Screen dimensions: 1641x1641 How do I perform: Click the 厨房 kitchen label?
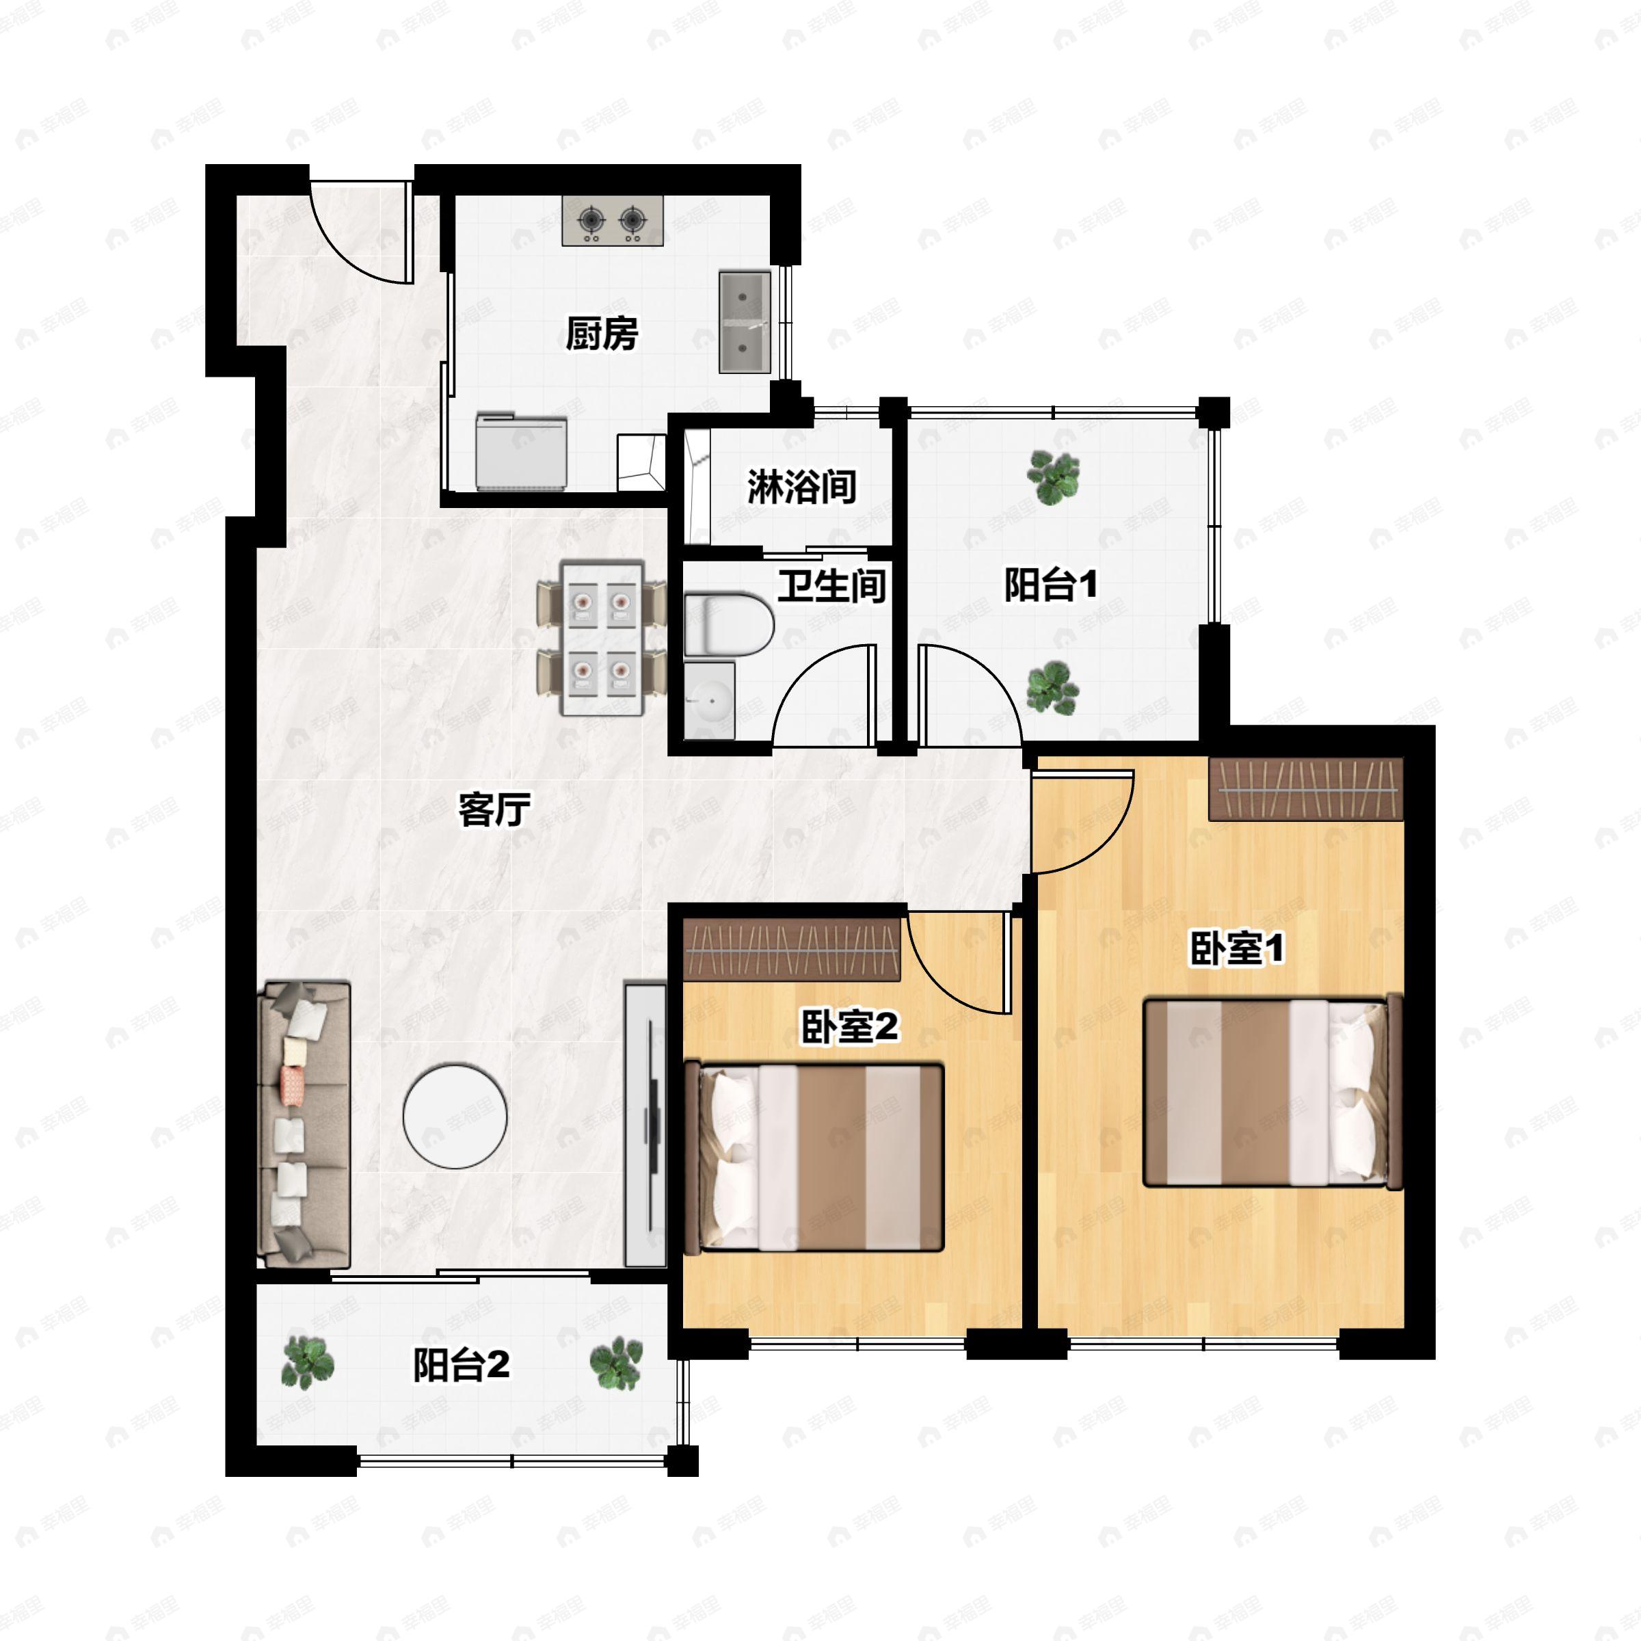(602, 334)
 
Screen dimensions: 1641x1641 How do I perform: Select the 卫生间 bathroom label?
(831, 586)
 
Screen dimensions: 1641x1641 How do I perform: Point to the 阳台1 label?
(1051, 585)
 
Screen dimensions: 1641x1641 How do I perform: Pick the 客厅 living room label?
(494, 810)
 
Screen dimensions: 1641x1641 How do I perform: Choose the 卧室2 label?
(849, 1028)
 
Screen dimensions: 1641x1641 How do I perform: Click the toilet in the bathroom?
(729, 625)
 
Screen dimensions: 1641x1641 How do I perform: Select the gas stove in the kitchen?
(613, 221)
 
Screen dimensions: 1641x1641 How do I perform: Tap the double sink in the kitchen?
(745, 323)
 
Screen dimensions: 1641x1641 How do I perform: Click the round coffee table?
(455, 1117)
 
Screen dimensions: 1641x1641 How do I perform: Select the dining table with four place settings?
(602, 638)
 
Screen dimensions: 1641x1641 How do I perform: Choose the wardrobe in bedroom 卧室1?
(1305, 789)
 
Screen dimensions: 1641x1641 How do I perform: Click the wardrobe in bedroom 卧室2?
(792, 950)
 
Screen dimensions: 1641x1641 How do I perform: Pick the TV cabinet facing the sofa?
(645, 1125)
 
